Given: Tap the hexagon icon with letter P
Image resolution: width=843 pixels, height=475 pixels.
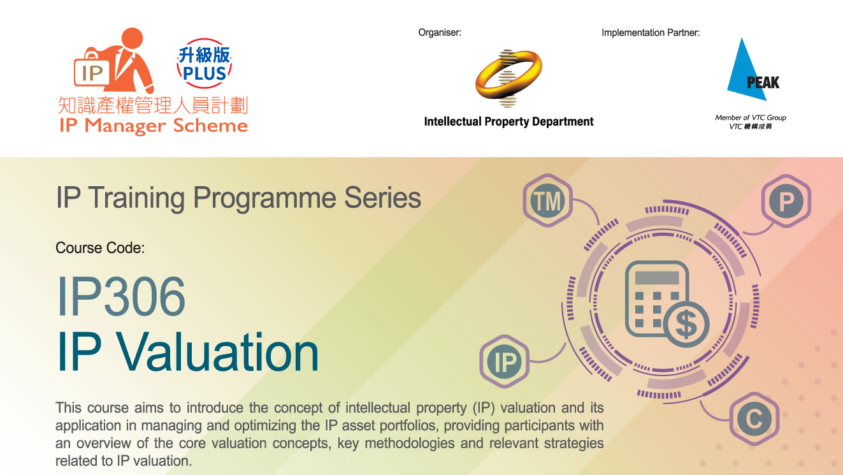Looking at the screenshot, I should (x=786, y=202).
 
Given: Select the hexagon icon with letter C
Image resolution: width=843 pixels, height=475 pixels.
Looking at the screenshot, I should (x=754, y=420).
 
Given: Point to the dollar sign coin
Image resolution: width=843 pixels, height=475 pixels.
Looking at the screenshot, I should (x=686, y=323).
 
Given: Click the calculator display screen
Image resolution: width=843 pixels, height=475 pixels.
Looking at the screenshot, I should (x=657, y=277).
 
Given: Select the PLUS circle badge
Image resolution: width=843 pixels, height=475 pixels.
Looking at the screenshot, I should (x=204, y=64).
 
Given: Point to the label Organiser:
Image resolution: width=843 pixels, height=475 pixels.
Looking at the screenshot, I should (x=440, y=33).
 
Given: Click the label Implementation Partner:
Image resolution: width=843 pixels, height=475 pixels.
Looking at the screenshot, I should (x=651, y=33).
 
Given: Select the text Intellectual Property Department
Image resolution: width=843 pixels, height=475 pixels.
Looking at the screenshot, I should (x=508, y=121).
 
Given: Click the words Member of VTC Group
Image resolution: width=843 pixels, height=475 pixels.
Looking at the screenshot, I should (x=750, y=117).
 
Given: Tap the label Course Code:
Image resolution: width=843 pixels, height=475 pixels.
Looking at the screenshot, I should (x=100, y=247).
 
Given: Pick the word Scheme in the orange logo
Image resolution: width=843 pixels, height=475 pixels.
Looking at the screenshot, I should (x=210, y=126).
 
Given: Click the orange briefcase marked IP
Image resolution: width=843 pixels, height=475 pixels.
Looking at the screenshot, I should (x=92, y=73).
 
